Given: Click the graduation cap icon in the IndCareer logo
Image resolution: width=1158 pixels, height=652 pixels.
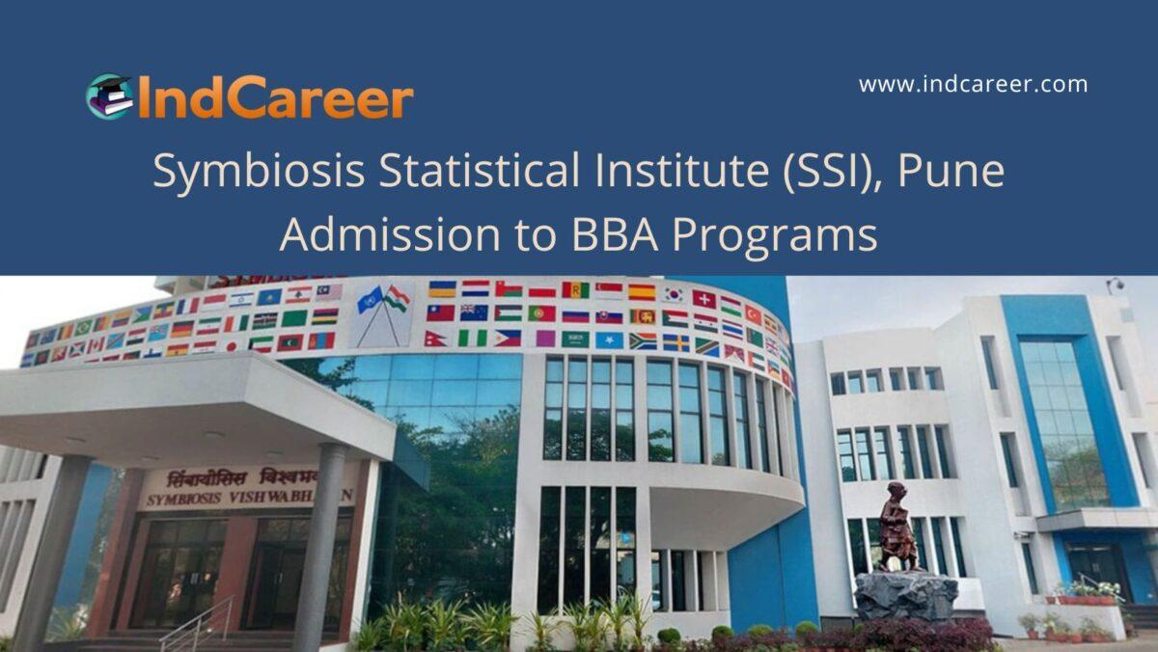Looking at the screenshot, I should [x=109, y=96].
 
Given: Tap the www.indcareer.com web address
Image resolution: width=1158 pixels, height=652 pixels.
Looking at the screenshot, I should [x=973, y=85].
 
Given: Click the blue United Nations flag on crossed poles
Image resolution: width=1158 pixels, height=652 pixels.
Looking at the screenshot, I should [x=370, y=300].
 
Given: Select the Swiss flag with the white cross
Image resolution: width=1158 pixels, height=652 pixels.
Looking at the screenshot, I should [x=703, y=299].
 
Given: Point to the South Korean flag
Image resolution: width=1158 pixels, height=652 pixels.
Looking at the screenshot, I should [x=673, y=294].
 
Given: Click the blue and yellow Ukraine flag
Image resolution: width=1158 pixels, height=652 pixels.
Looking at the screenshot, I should [x=442, y=288].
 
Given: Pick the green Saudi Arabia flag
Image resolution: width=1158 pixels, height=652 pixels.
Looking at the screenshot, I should [x=575, y=340].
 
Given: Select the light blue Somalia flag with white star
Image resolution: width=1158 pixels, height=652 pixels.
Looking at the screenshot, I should [x=609, y=340].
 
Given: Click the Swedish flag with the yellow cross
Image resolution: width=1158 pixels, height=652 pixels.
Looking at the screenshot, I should [x=675, y=342].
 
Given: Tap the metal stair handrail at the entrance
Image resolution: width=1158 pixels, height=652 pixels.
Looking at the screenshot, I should [x=198, y=622].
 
